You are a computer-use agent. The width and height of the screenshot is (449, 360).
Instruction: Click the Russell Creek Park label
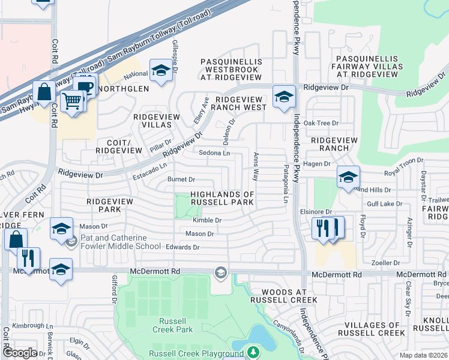(x=176, y=325)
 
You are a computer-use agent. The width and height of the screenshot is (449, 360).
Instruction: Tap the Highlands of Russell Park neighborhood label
(x=223, y=198)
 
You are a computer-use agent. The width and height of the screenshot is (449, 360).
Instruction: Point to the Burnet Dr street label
(x=181, y=179)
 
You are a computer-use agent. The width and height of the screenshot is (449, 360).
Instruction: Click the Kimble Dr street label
(x=207, y=220)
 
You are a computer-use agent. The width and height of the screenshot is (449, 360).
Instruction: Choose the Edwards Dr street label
(x=182, y=247)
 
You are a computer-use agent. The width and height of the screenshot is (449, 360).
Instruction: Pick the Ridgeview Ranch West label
(x=240, y=103)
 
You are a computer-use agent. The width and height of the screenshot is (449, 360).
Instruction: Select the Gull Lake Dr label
(x=384, y=204)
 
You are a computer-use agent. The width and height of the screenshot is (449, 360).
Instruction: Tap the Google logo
(x=20, y=353)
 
